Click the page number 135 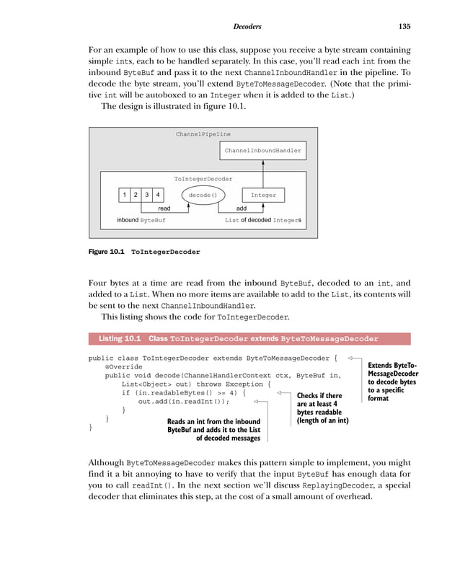tap(404, 27)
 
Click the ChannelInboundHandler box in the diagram tap(262, 151)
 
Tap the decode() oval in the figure tap(203, 195)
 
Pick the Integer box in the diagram tap(263, 195)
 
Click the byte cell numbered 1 tap(125, 195)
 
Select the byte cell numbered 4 tap(158, 195)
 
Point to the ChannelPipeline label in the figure tap(203, 134)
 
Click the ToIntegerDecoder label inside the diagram tap(203, 177)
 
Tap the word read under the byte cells tap(164, 208)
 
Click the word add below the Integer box tap(242, 208)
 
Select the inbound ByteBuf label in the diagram tap(141, 220)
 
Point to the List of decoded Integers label tap(263, 220)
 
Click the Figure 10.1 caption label tap(105, 252)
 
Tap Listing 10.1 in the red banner tap(119, 338)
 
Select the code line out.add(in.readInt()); tap(183, 402)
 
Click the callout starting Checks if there tap(322, 408)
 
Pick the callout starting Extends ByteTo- tap(392, 382)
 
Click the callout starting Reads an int tap(213, 429)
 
